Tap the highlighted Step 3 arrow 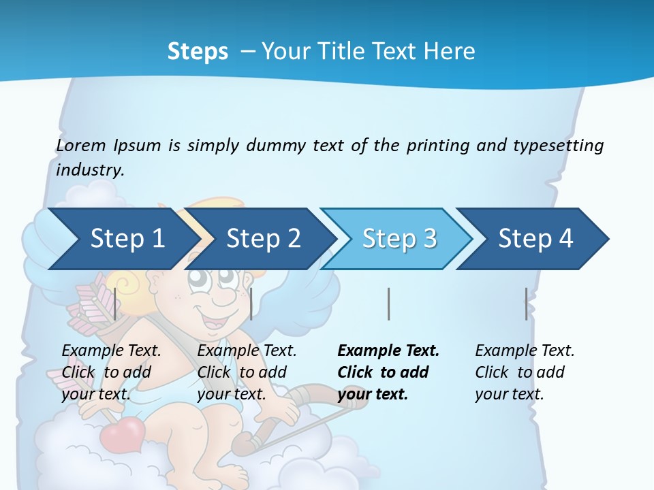(x=399, y=239)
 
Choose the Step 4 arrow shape (x=535, y=239)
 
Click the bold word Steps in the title (x=198, y=52)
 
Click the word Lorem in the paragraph (x=81, y=145)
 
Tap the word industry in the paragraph (x=89, y=170)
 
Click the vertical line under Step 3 (x=388, y=304)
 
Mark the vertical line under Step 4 (x=526, y=304)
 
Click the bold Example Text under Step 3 (x=388, y=351)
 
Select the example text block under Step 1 (x=111, y=372)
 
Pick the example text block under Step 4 (x=525, y=372)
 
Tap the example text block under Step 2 (x=247, y=372)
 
